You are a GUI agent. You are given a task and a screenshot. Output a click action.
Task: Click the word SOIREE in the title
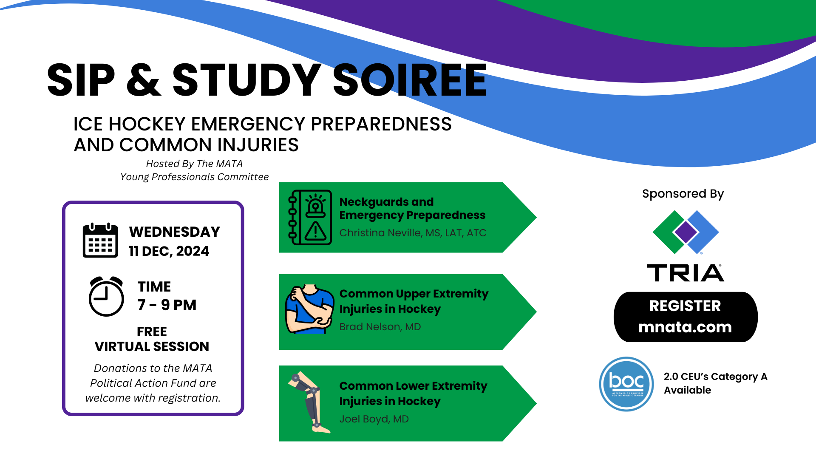click(x=409, y=80)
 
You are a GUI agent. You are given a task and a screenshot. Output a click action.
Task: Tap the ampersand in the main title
click(x=144, y=80)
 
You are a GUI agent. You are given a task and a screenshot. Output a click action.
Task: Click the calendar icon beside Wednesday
click(x=100, y=240)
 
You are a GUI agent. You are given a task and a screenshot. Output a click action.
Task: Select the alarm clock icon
click(x=106, y=296)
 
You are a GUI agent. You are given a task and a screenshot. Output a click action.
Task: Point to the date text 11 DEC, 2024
click(x=169, y=251)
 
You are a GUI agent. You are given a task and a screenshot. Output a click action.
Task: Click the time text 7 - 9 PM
click(x=167, y=305)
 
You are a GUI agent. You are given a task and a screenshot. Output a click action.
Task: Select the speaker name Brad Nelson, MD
click(x=380, y=327)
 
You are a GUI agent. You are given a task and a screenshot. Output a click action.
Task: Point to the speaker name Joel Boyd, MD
click(x=374, y=419)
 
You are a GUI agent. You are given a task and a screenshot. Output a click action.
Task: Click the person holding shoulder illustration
click(x=310, y=309)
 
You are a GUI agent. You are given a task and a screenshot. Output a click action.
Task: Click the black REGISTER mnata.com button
click(x=686, y=317)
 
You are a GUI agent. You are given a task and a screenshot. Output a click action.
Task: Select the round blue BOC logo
click(x=626, y=384)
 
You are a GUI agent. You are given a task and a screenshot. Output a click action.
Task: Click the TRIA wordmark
click(x=686, y=273)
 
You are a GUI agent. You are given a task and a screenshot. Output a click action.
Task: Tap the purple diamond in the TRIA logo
click(x=686, y=232)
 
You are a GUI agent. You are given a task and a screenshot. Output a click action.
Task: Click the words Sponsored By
click(x=683, y=194)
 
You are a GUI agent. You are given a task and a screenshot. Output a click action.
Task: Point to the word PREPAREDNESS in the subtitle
click(x=381, y=124)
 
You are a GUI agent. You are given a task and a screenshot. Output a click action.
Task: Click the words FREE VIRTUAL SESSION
click(x=152, y=339)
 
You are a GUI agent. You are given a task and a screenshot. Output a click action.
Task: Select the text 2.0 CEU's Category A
click(x=716, y=377)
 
